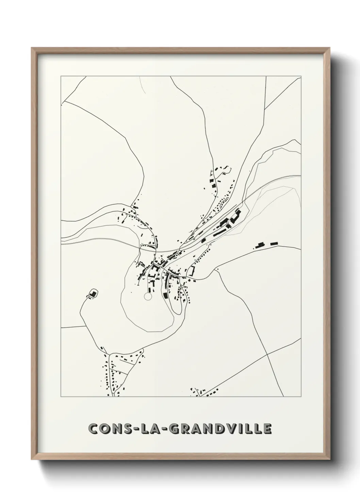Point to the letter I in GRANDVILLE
(x=240, y=429)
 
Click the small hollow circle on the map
(x=148, y=297)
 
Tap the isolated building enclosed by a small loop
(x=92, y=293)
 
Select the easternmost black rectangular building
(x=274, y=243)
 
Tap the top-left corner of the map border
(x=61, y=76)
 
